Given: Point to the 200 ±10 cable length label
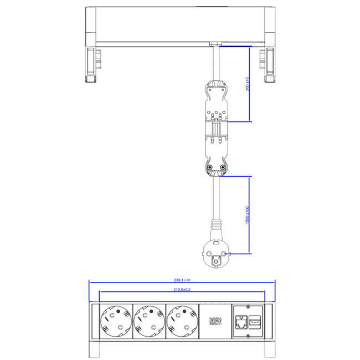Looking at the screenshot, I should click(x=248, y=85).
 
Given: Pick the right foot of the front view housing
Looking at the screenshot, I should click(x=270, y=349).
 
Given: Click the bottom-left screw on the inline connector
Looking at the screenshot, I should click(x=210, y=168).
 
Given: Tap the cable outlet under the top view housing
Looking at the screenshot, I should click(x=215, y=44).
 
